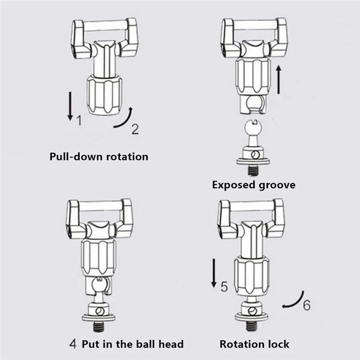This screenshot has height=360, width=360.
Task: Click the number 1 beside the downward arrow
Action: (x=79, y=120)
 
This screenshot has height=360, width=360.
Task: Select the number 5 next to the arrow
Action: (x=224, y=287)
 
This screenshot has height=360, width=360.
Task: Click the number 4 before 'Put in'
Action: (x=73, y=344)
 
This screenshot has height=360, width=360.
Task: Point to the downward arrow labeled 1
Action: (x=70, y=106)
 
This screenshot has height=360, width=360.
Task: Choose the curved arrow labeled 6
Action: (x=293, y=300)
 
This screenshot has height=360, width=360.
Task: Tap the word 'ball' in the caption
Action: (x=144, y=344)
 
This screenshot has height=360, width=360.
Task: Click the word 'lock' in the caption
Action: (x=278, y=344)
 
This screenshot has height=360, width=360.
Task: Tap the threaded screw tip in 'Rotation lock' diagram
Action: (x=252, y=326)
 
